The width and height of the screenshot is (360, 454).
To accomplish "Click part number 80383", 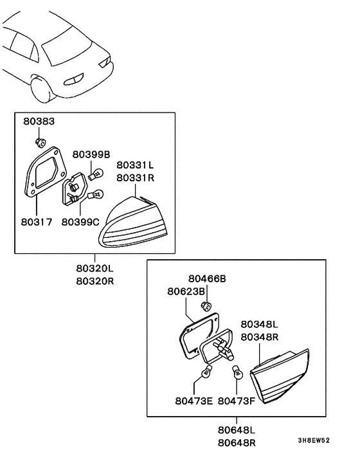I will coord(39,121).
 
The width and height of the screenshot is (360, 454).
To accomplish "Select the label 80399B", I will coord(91,154).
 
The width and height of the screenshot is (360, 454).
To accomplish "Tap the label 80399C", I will coord(81,222).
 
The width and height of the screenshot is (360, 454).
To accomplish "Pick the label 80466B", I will coord(207,278).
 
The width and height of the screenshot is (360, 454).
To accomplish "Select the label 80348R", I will coord(259,336).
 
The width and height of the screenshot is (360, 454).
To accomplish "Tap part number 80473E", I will coord(194,400).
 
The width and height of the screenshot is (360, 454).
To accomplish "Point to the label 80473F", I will coord(237,400).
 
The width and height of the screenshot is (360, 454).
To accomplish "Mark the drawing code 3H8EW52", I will coord(313,441).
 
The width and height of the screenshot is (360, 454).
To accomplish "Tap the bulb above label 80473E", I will coord(207,372).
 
